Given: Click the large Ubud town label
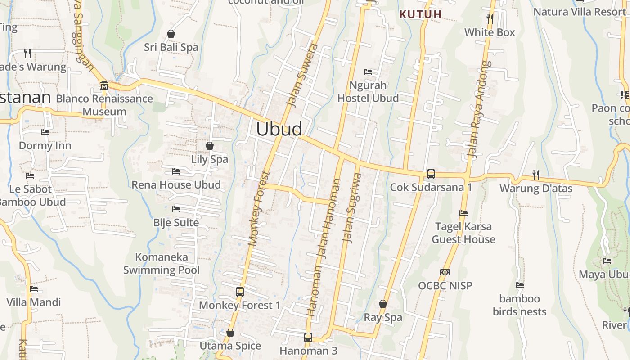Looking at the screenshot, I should pos(279,129).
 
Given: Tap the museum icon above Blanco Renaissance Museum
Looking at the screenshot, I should pos(104,85).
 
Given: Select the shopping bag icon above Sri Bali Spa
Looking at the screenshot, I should pos(171,34).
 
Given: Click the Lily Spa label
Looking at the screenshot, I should pos(210,159).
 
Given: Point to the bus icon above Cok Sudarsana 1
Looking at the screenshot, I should pos(431,174).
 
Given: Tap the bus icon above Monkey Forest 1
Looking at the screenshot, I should pos(240,292).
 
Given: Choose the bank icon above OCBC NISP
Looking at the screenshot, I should pos(445,272).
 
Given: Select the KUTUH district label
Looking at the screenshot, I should pos(421,14).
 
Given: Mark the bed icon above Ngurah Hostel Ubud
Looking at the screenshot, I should pos(368,72).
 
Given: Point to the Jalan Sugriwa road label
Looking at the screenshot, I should pos(352,208).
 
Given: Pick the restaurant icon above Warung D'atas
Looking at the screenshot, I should pos(536,175).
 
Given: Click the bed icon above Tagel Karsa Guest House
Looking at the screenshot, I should pos(463,213).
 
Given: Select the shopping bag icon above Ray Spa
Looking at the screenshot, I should pos(383,304).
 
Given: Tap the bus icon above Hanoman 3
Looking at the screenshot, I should pos(308,337).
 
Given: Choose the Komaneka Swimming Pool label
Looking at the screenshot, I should pos(162,264).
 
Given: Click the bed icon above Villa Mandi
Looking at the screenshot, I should pos(34,289).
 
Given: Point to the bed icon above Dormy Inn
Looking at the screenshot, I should pos(45,132).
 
